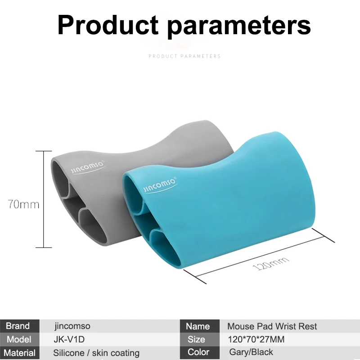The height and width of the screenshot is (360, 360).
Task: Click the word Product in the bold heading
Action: tap(108, 25)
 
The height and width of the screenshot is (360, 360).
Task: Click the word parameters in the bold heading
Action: tap(239, 27)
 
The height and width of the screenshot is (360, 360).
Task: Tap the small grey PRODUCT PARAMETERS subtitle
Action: tap(184, 56)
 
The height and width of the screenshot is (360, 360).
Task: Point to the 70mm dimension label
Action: tap(23, 204)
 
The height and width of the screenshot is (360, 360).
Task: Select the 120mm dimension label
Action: tap(271, 263)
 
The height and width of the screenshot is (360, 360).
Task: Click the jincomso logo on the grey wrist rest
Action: tap(88, 167)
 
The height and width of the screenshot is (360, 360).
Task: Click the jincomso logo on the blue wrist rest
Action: tap(161, 185)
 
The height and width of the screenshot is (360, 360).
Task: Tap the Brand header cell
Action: tap(20, 326)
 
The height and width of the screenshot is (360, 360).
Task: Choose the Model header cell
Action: tap(20, 339)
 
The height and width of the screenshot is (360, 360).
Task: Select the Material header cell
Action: tap(20, 353)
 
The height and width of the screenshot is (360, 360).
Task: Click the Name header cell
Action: tap(200, 326)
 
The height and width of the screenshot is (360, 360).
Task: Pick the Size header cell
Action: tap(200, 339)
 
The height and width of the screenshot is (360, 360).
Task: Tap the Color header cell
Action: tap(200, 352)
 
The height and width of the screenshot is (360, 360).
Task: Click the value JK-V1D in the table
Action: tap(69, 339)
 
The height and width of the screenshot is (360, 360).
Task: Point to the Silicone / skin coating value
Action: tap(96, 353)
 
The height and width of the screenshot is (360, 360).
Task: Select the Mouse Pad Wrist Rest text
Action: tap(272, 326)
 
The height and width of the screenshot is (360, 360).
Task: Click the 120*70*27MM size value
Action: tap(256, 339)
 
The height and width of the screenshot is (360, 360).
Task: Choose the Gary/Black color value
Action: tap(251, 352)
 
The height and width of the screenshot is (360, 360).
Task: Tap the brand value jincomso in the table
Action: tap(72, 326)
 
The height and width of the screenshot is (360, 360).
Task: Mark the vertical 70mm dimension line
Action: tap(44, 199)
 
